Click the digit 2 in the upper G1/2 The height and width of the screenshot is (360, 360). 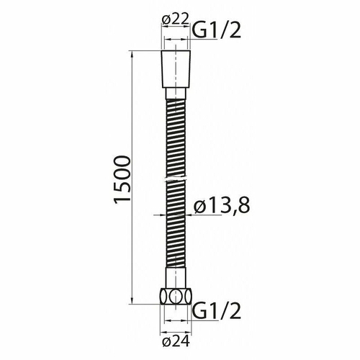tap(235, 30)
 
